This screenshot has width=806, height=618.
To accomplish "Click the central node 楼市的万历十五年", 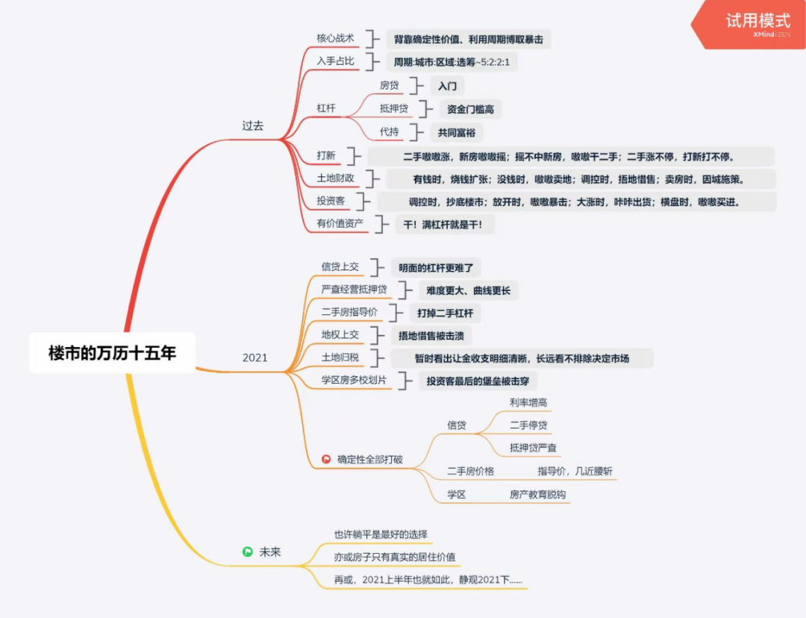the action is [112, 353].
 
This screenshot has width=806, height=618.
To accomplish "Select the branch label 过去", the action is [253, 125].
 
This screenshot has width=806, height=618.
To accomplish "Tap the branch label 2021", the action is [254, 358].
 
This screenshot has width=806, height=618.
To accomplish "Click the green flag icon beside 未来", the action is [247, 552].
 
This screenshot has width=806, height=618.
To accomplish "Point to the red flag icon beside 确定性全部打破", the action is [326, 459].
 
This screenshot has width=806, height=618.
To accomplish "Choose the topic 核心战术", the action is [335, 38].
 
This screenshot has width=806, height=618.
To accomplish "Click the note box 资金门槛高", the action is [470, 110].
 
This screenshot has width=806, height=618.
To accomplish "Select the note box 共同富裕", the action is [456, 133].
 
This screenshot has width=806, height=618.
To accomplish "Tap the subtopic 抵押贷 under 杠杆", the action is [394, 109].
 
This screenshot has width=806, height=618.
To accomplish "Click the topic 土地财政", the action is [335, 178].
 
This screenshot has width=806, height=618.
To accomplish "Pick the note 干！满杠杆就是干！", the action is [444, 224].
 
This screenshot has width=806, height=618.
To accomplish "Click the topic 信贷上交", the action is [340, 266].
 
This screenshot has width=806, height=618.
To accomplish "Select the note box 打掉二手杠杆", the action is [445, 313].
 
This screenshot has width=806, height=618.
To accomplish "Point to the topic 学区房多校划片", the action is [354, 381].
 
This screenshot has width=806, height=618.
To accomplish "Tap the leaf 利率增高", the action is [528, 402].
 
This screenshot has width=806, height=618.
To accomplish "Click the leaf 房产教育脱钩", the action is [537, 494].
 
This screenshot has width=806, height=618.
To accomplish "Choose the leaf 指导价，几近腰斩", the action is [575, 471].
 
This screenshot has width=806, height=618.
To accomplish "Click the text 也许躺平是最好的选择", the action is [381, 534].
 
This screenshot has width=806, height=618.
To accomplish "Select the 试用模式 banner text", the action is [757, 20].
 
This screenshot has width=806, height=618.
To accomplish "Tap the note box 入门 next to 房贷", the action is [447, 86].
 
